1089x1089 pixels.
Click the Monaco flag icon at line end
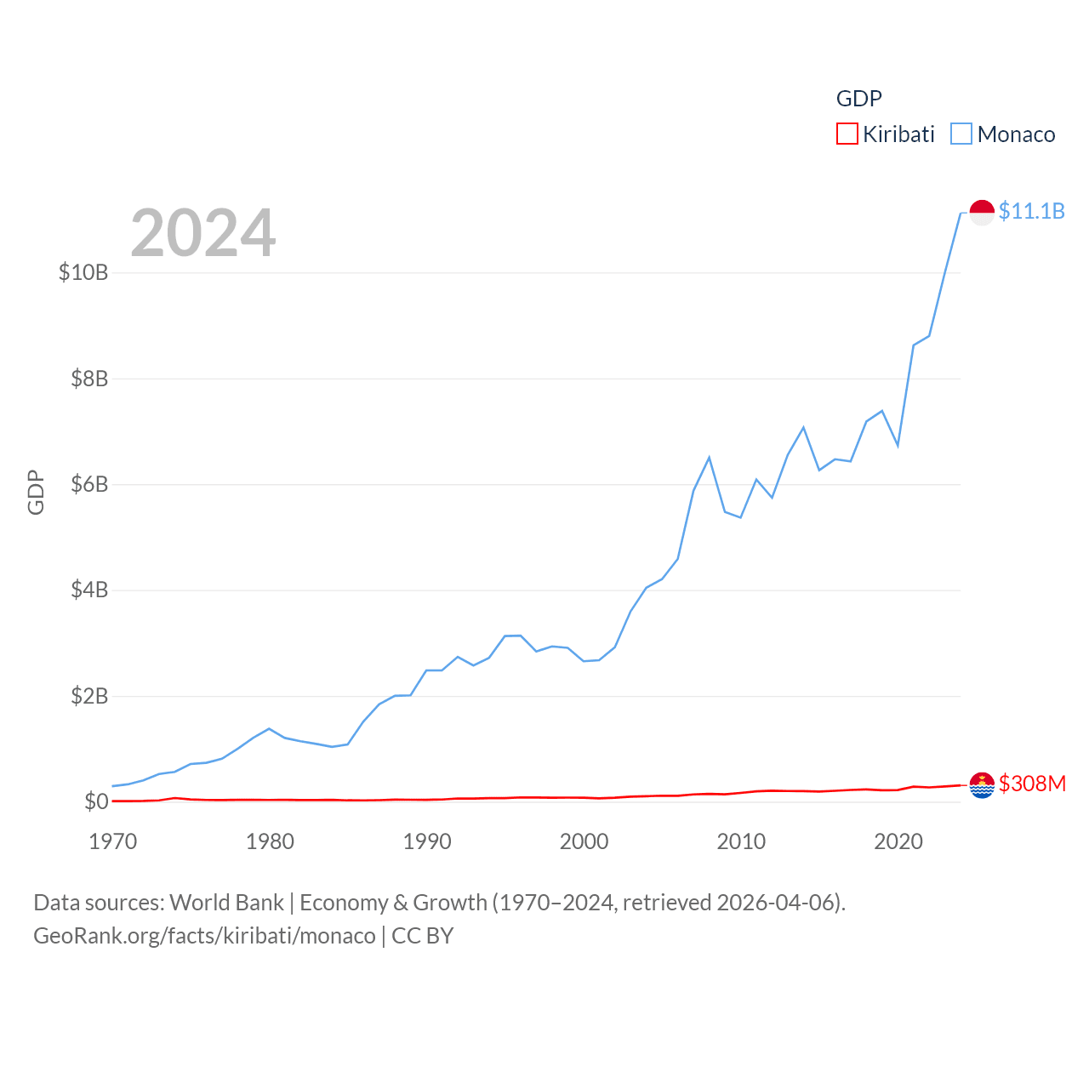tap(982, 212)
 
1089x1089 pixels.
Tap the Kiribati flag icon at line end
tap(982, 784)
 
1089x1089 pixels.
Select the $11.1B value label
tap(1031, 211)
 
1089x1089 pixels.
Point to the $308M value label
tap(1032, 784)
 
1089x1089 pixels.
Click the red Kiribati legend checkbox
tap(847, 134)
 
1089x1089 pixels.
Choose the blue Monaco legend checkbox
tap(961, 134)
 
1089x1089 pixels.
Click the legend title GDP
tap(858, 99)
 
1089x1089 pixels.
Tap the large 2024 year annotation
tap(203, 233)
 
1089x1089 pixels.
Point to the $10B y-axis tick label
tap(83, 272)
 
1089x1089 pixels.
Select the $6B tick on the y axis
tap(89, 484)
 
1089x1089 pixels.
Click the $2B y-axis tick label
tap(89, 696)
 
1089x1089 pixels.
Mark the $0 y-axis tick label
tap(96, 801)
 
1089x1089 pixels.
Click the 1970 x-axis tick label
tap(113, 841)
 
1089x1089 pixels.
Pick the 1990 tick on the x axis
tap(427, 841)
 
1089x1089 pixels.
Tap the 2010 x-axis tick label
tap(741, 841)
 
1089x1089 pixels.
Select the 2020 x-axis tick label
tap(898, 841)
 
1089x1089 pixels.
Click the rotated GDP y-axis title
tap(36, 492)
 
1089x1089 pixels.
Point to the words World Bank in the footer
tap(226, 903)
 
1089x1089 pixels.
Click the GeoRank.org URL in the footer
tap(204, 936)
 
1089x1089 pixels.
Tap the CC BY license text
tap(423, 936)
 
